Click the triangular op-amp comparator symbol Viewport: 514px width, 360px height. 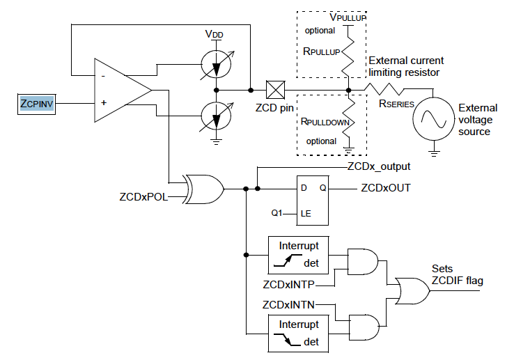point(120,89)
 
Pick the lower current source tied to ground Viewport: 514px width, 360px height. point(217,115)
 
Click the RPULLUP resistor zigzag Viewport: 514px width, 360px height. point(348,52)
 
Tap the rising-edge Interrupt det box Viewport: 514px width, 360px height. point(299,255)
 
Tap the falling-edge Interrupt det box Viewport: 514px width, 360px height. point(299,333)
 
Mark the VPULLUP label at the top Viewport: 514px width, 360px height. point(348,15)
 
